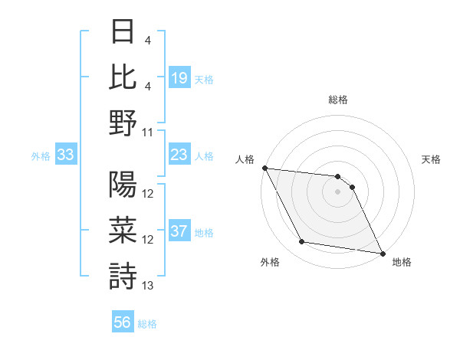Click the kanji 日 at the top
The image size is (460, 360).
123,32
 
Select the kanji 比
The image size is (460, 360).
123,77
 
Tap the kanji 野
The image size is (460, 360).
123,123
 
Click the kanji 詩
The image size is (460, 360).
123,275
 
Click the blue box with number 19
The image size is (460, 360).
179,77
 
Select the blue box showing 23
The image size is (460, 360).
179,155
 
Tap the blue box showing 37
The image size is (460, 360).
179,231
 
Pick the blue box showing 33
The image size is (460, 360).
65,155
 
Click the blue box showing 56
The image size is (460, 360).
123,322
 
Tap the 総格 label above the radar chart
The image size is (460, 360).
338,100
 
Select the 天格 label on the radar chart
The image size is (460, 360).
432,159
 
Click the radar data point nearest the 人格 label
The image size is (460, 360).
264,168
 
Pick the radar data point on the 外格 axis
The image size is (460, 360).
301,243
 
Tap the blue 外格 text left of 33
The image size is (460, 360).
41,156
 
